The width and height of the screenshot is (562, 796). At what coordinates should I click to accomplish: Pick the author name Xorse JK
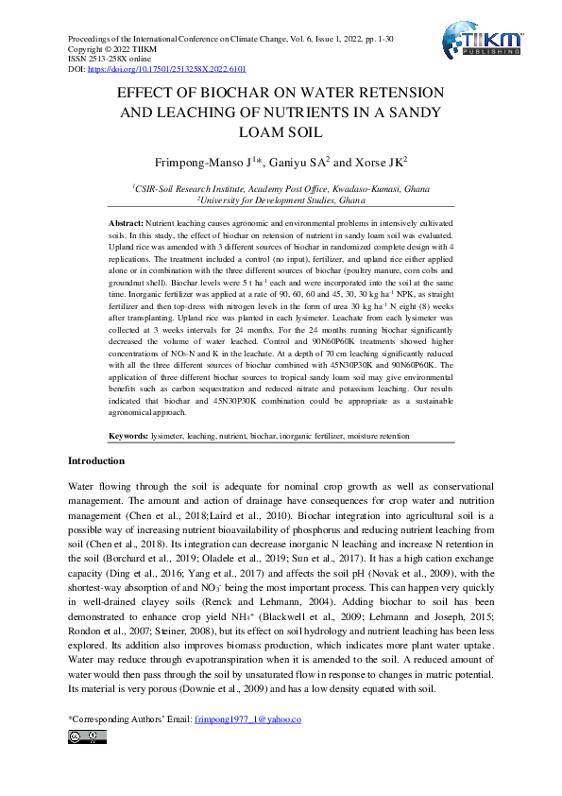tap(381, 162)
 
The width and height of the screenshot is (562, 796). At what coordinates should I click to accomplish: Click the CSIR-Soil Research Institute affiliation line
tap(281, 189)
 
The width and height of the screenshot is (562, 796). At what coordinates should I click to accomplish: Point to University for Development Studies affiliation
tap(281, 200)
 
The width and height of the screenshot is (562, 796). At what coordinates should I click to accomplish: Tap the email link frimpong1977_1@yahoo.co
tap(247, 719)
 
